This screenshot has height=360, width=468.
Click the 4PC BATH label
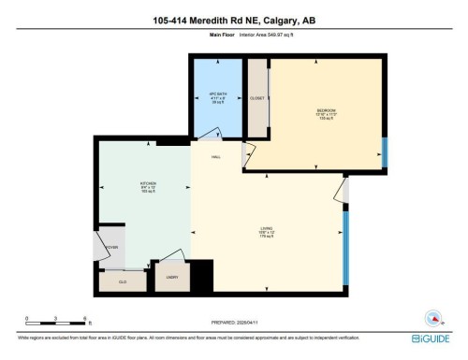pyautogui.click(x=218, y=96)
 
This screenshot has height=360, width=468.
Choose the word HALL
pyautogui.click(x=215, y=156)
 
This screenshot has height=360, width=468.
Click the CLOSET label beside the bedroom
pyautogui.click(x=257, y=97)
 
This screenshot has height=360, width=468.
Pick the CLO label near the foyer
pyautogui.click(x=123, y=281)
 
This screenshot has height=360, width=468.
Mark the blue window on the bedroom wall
pyautogui.click(x=383, y=151)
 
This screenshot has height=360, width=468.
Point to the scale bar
pyautogui.click(x=56, y=324)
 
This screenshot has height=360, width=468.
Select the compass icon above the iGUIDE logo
pyautogui.click(x=432, y=317)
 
